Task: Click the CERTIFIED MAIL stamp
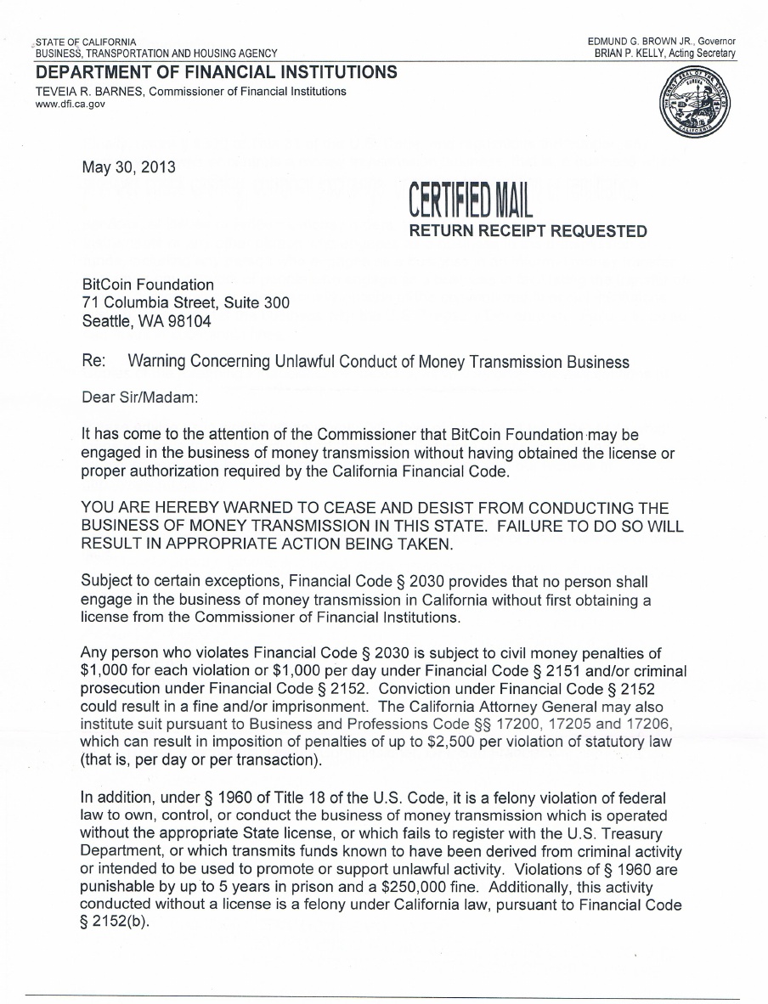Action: (x=470, y=202)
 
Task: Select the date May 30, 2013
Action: (x=128, y=166)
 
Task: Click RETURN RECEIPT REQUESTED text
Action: (x=528, y=230)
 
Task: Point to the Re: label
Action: (x=93, y=362)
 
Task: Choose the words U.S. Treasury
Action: (x=616, y=833)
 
